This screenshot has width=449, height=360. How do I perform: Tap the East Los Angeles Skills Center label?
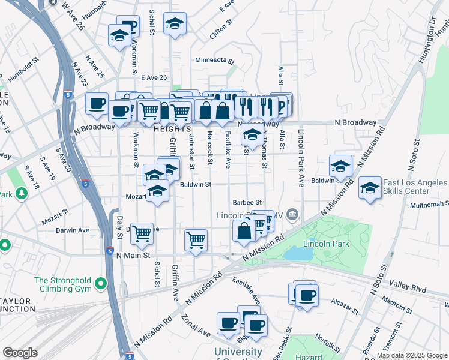tap(414, 187)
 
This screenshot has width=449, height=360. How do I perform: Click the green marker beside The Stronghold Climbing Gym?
tap(101, 283)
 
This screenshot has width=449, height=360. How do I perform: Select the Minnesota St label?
tap(214, 60)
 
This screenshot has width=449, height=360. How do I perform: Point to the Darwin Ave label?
tap(72, 230)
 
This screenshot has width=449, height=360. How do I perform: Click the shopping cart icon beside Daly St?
tap(142, 233)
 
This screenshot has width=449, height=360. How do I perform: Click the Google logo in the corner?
tap(20, 353)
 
